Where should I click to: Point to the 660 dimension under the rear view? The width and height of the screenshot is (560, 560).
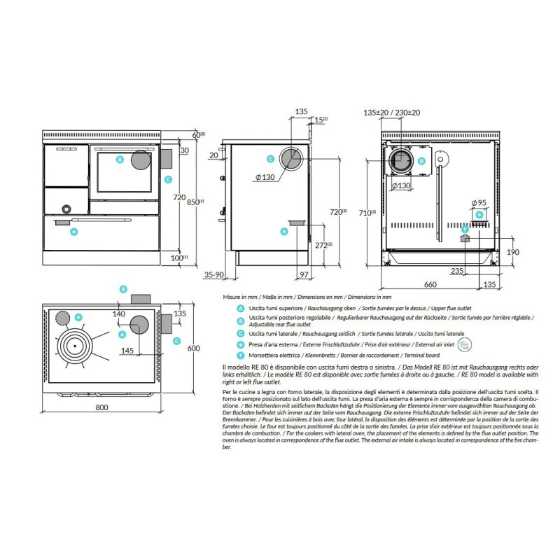tap(430, 284)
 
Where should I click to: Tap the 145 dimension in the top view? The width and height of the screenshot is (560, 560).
tap(127, 350)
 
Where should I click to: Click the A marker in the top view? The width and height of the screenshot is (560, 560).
tap(122, 335)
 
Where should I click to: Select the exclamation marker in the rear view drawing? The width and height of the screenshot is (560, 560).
tap(465, 229)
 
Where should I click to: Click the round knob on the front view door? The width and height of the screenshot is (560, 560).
tap(66, 209)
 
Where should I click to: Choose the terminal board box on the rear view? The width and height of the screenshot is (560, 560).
tap(464, 239)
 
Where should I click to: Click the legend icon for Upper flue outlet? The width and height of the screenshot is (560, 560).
tap(241, 307)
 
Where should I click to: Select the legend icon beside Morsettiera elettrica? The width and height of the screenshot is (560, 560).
tap(241, 354)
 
